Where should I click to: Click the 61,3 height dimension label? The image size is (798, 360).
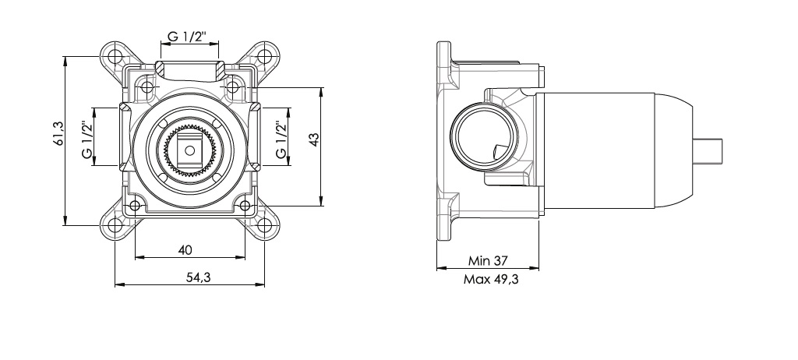(58, 134)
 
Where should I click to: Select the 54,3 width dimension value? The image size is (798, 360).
(199, 277)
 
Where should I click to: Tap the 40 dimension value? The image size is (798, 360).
(185, 250)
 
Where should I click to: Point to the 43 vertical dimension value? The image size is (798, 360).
(313, 139)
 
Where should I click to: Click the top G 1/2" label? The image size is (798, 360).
(187, 37)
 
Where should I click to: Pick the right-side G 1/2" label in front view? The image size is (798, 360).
(281, 139)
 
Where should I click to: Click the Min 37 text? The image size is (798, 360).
(488, 261)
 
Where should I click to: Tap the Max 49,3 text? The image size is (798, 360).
(491, 279)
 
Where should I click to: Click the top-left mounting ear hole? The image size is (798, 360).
(115, 55)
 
